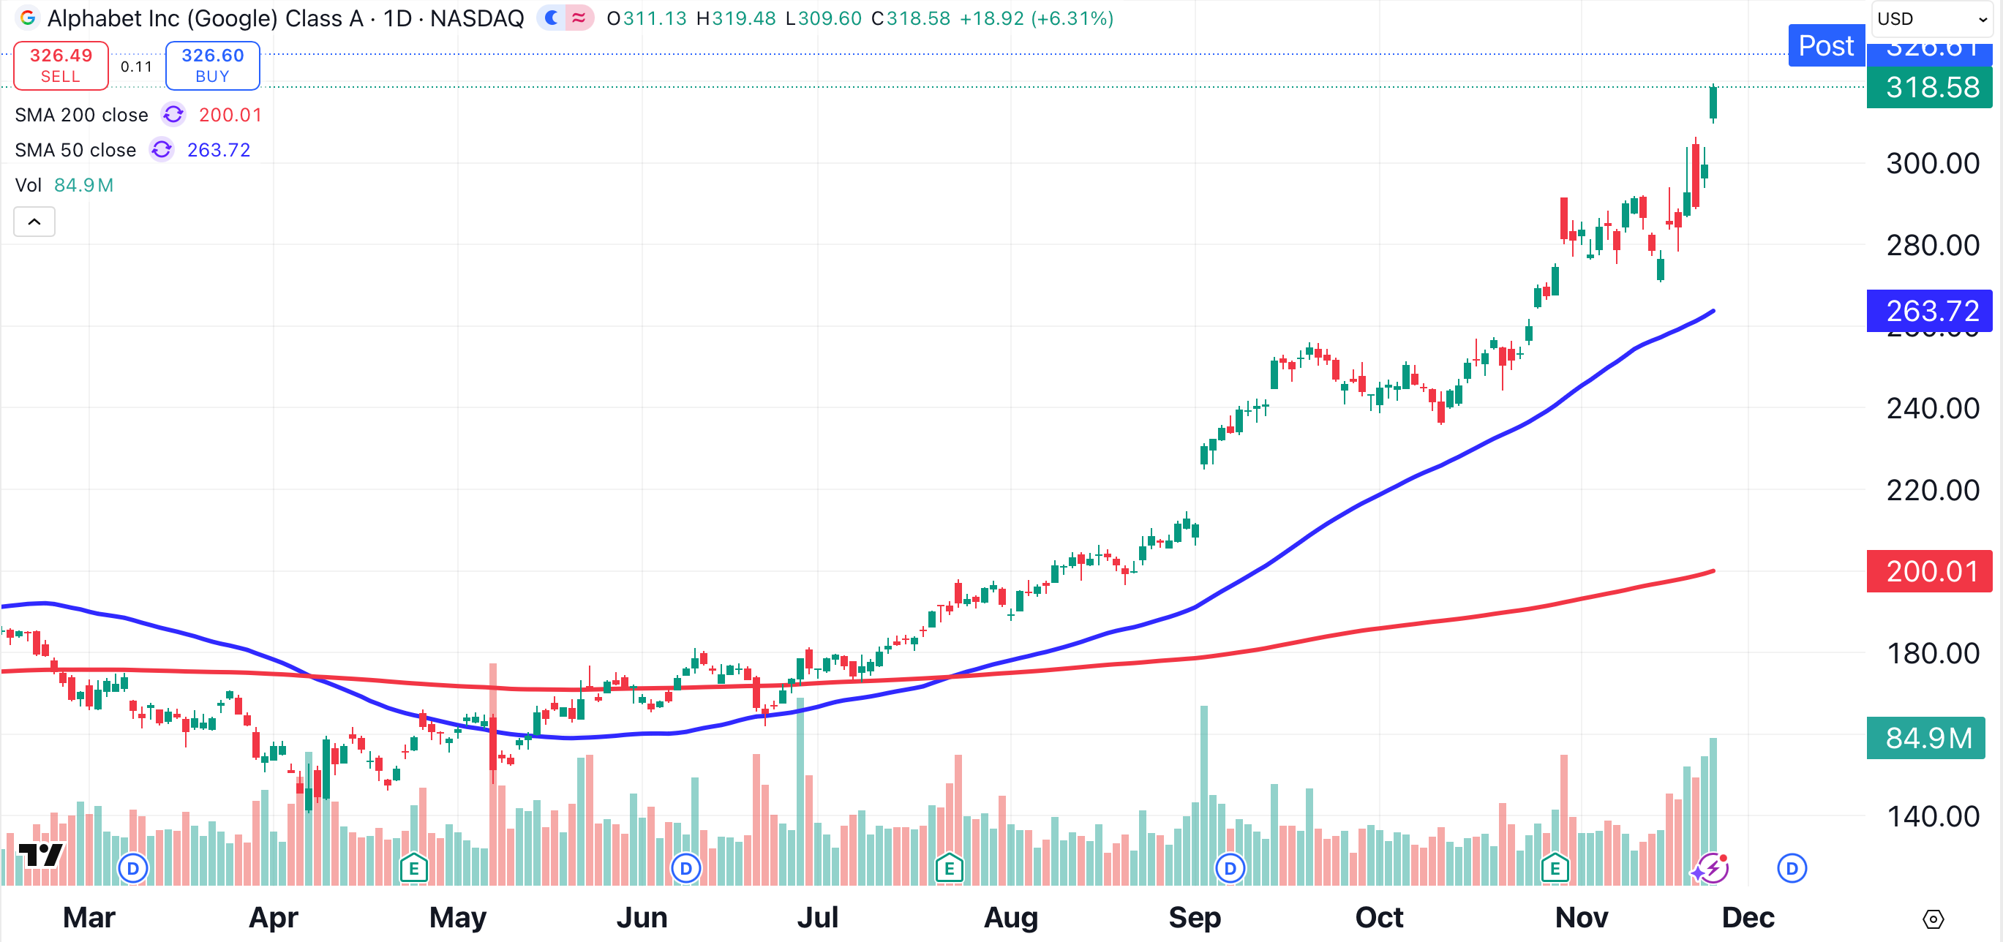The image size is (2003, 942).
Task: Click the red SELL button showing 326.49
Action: [x=61, y=65]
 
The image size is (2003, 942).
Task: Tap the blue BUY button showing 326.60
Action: [x=212, y=65]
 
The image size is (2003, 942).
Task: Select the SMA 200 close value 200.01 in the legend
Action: [x=230, y=115]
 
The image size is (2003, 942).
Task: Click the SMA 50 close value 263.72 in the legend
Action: [x=219, y=150]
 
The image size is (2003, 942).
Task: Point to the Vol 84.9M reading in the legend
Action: [x=83, y=185]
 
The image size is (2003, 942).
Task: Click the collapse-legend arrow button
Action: [x=34, y=222]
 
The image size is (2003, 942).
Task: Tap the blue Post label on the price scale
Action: [x=1826, y=46]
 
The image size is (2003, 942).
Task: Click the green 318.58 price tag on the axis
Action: [x=1931, y=87]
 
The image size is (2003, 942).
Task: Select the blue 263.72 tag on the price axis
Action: [x=1931, y=311]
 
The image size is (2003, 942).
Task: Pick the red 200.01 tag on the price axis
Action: [x=1931, y=571]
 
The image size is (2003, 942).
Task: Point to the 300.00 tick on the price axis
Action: [x=1932, y=163]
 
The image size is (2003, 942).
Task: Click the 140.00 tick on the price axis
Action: [x=1932, y=816]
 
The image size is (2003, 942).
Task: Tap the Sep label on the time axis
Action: [x=1195, y=917]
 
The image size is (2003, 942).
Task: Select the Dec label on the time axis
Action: [x=1747, y=917]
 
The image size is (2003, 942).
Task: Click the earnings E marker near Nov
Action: [x=1555, y=868]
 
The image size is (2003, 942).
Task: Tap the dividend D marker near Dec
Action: [x=1792, y=868]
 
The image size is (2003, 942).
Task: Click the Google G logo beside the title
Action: [x=28, y=18]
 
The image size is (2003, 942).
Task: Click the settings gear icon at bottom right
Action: [x=1933, y=919]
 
